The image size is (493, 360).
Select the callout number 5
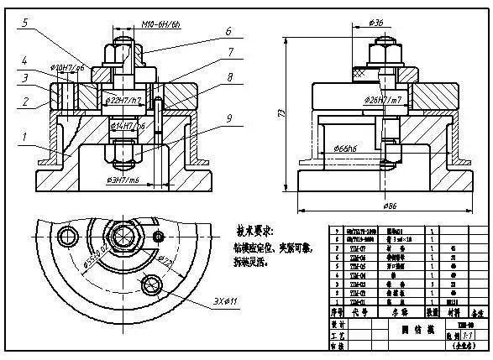pyautogui.click(x=25, y=24)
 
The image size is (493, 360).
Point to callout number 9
pyautogui.click(x=228, y=118)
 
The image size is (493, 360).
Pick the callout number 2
pyautogui.click(x=25, y=102)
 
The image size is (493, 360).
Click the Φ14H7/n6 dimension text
pyautogui.click(x=126, y=124)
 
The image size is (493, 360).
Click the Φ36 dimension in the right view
pyautogui.click(x=376, y=22)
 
